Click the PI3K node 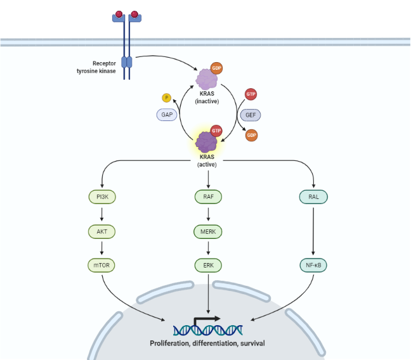click(103, 197)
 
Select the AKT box click(103, 232)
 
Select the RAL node click(313, 197)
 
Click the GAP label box click(167, 115)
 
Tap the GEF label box click(251, 115)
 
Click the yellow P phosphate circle click(167, 98)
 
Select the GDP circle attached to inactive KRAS click(216, 68)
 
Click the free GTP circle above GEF click(251, 94)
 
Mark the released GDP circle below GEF click(251, 136)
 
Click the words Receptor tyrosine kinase click(96, 67)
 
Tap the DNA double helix click(207, 329)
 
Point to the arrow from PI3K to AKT click(103, 215)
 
